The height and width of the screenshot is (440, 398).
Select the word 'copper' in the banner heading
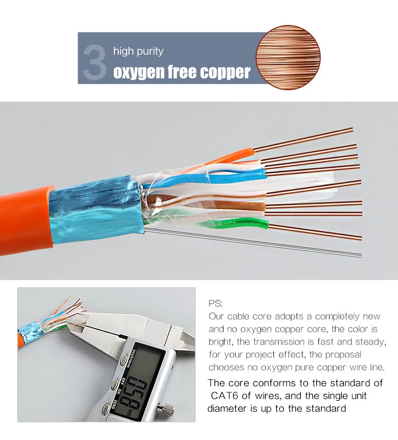pyautogui.click(x=224, y=72)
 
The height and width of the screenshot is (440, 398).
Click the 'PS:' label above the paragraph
pyautogui.click(x=216, y=304)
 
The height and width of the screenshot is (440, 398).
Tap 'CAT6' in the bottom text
pyautogui.click(x=226, y=395)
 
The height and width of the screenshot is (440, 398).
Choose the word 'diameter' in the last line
pyautogui.click(x=227, y=408)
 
